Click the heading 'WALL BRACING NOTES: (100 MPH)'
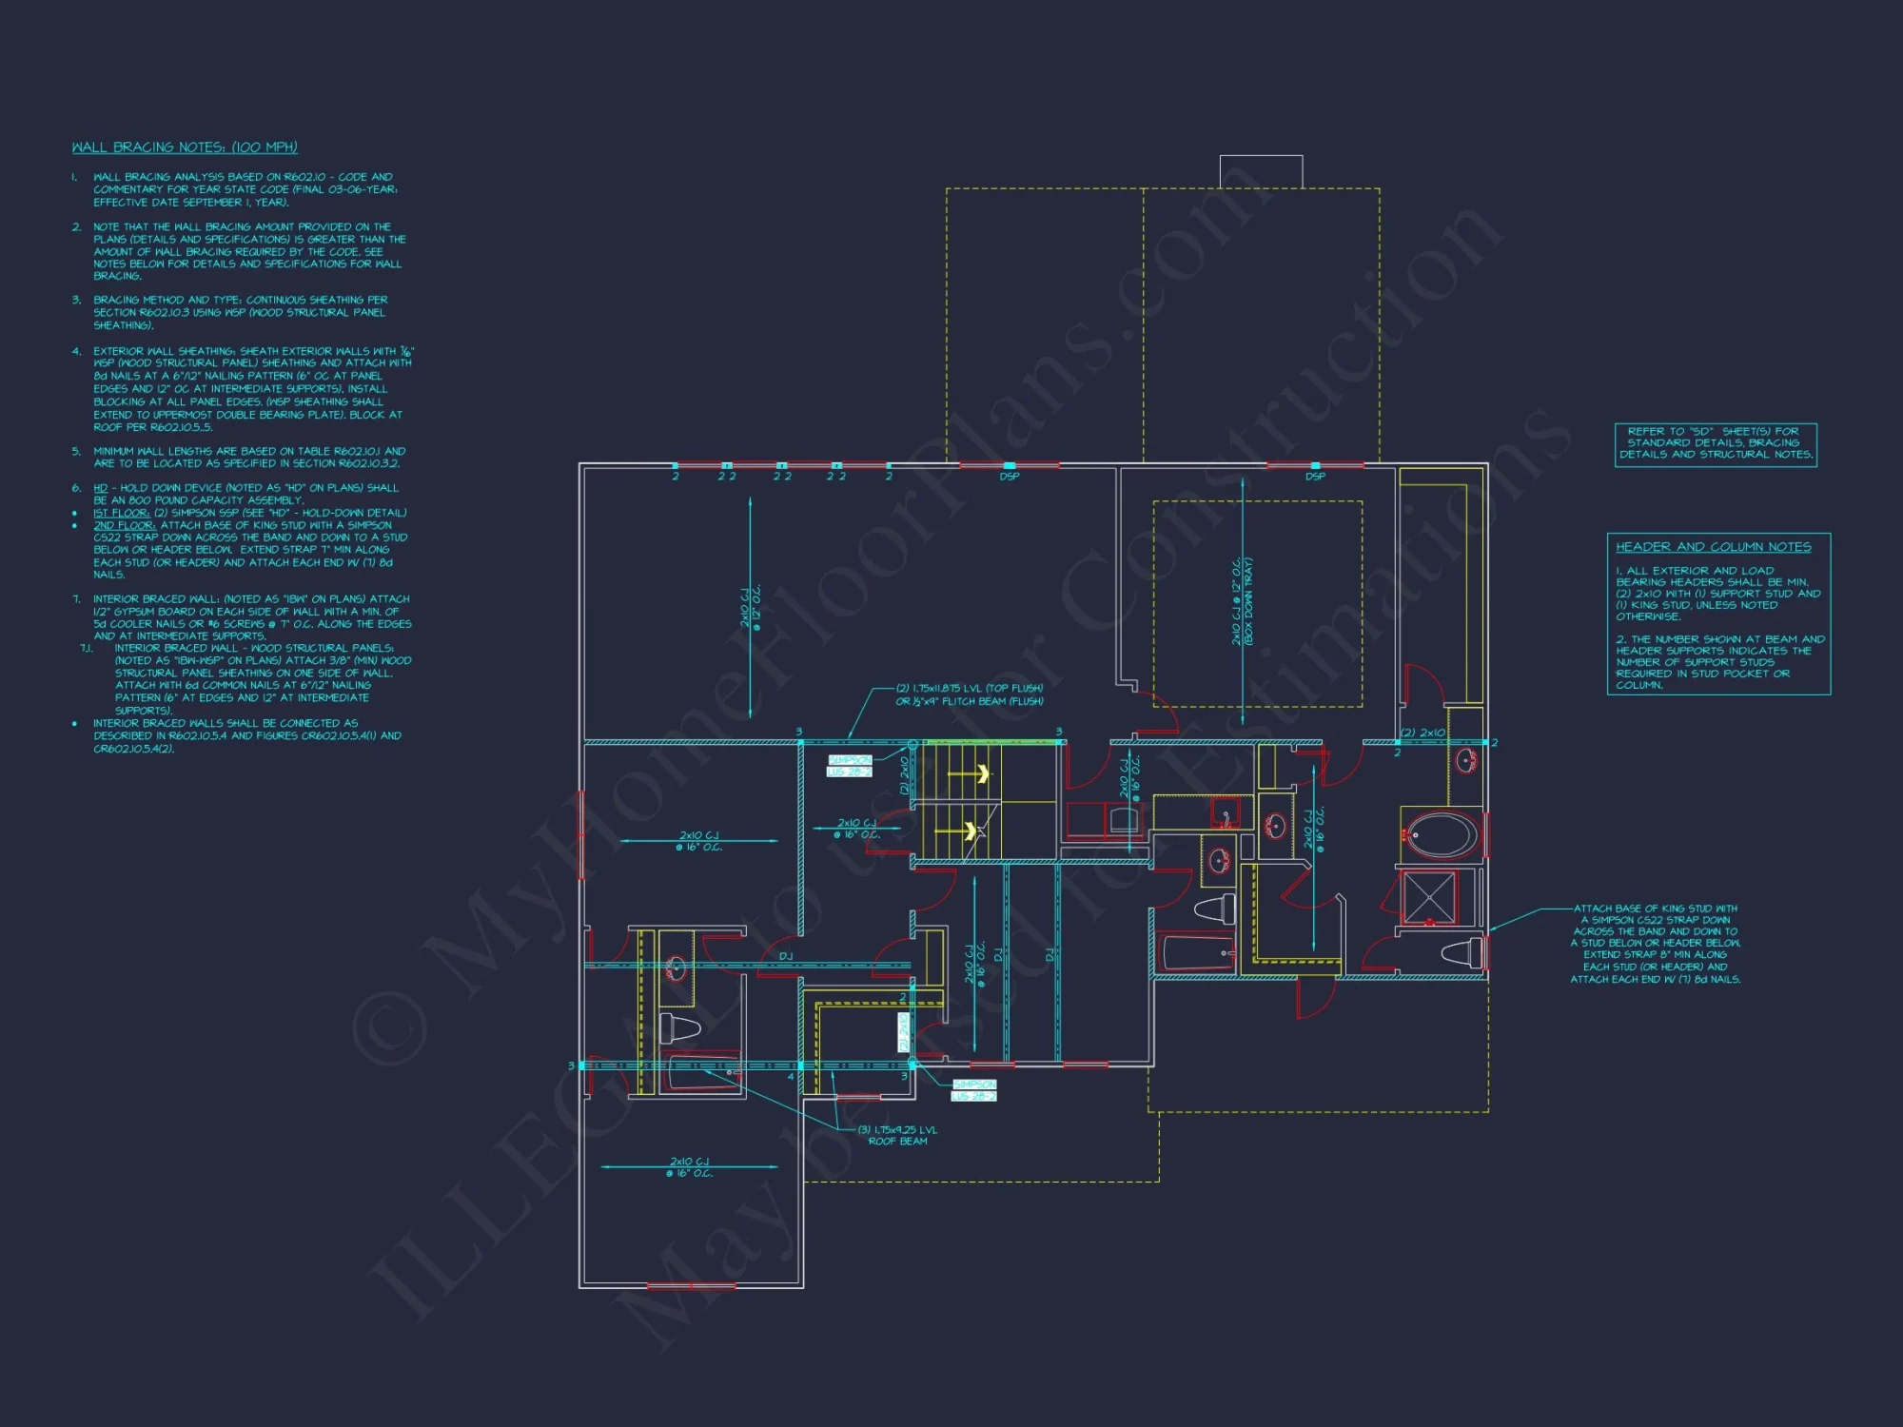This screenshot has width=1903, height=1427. point(185,147)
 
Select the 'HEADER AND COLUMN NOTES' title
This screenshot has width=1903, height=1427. point(1713,547)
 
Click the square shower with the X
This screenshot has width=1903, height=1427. point(1429,897)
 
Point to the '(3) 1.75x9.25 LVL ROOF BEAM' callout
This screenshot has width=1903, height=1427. point(897,1136)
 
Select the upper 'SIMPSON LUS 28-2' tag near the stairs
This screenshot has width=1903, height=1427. point(849,766)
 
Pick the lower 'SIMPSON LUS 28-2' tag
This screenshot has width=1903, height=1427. point(974,1090)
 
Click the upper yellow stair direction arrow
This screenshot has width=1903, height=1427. point(981,774)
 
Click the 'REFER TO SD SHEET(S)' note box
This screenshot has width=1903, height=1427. point(1716,443)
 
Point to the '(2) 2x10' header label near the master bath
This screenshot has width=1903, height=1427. point(1422,733)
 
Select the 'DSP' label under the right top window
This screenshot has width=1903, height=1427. point(1315,477)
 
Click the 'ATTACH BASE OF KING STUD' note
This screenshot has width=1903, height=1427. point(1655,944)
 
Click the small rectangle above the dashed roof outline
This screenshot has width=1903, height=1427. point(1261,171)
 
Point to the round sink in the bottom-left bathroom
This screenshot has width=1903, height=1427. point(676,968)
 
